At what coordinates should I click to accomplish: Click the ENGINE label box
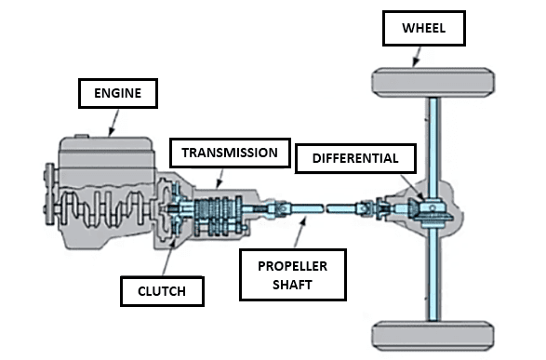(x=116, y=93)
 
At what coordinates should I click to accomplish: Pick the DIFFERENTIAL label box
(x=354, y=158)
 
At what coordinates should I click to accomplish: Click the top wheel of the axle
(x=433, y=84)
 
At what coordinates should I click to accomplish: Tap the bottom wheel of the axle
(x=433, y=333)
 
